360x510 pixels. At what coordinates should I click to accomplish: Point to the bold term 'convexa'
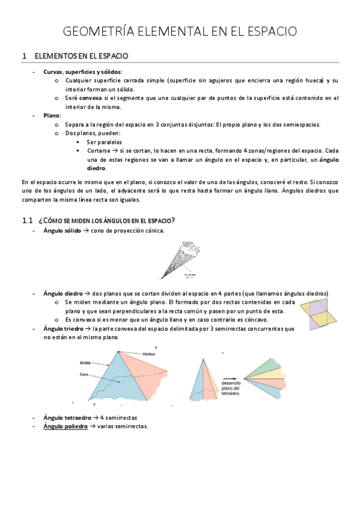click(92, 98)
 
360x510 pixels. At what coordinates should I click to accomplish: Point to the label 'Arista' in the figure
click(85, 363)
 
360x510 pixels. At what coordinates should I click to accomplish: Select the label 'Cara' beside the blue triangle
click(84, 375)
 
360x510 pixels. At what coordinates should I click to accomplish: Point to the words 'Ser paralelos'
click(103, 142)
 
